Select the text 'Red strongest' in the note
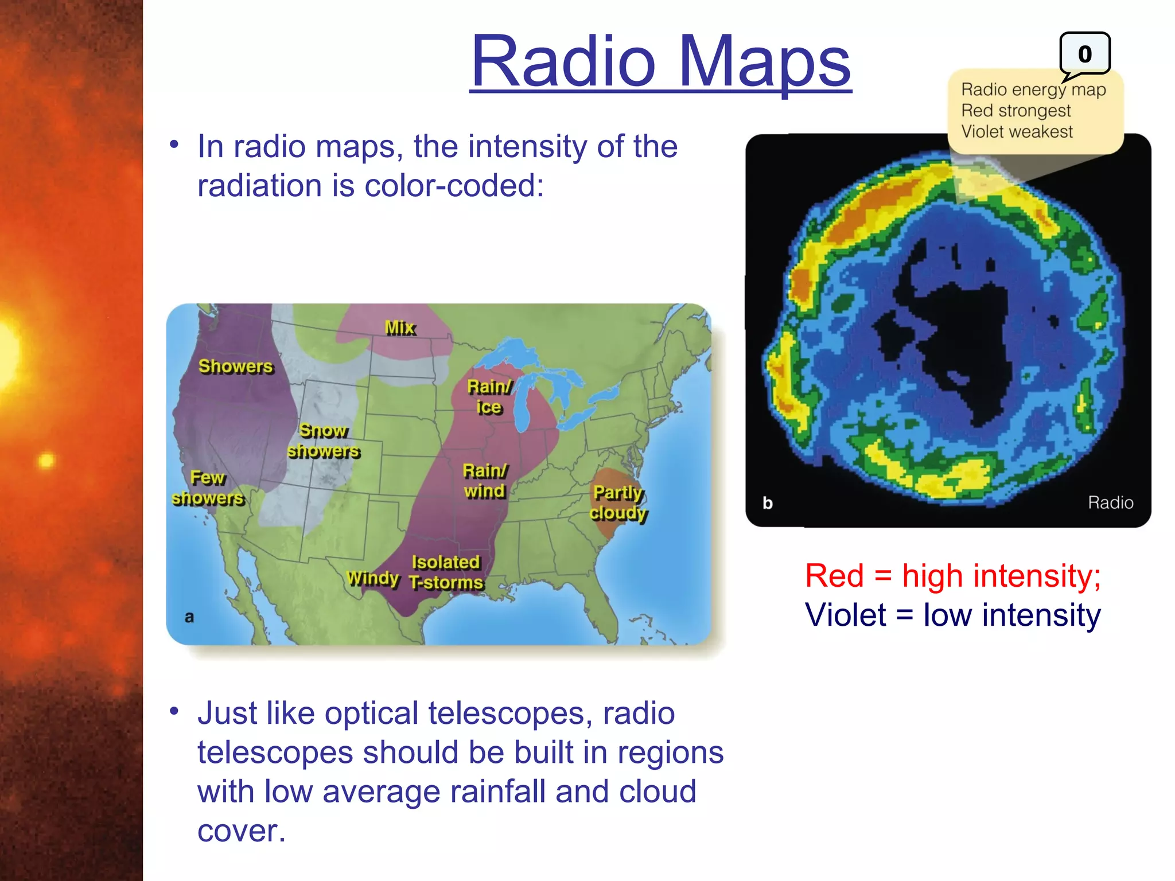coord(1016,110)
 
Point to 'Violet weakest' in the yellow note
coord(1017,131)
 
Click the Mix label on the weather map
coord(400,328)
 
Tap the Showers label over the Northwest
coord(235,366)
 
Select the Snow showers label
coord(324,440)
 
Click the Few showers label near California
coord(208,488)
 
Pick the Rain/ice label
coord(489,397)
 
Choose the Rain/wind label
coord(485,481)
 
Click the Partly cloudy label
coord(618,502)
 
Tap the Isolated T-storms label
coord(446,572)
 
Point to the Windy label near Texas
coord(373,578)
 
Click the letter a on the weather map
coord(189,617)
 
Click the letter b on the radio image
coord(768,503)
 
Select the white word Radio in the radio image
coord(1110,502)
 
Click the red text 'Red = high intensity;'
coord(952,575)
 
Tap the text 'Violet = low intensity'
coord(952,615)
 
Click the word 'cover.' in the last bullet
coord(241,831)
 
